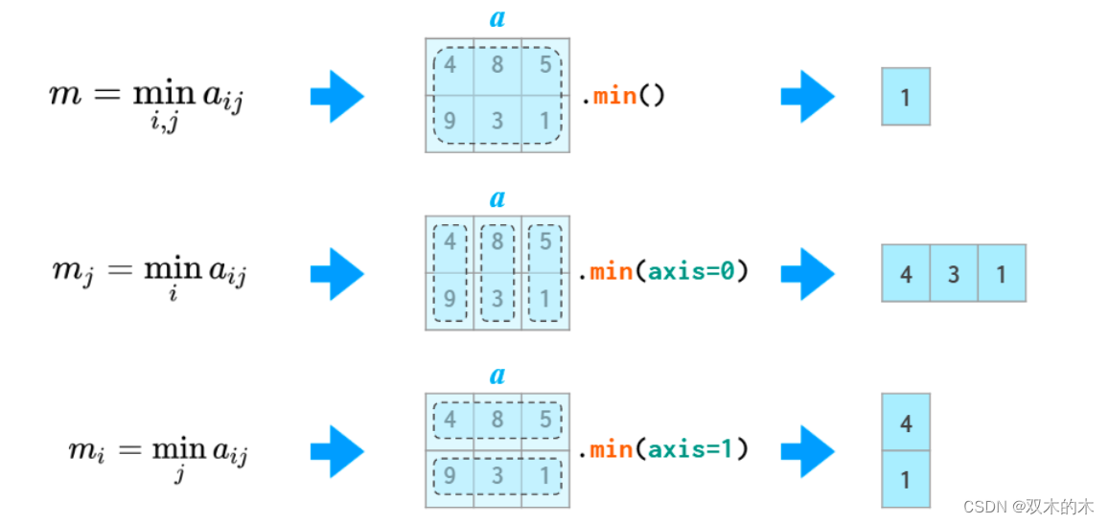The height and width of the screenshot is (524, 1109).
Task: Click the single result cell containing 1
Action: [x=905, y=96]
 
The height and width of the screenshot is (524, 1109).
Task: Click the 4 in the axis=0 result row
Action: [x=906, y=274]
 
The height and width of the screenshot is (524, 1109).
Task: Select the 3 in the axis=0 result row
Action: [x=954, y=274]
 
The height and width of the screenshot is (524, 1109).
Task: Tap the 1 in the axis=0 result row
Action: [x=1002, y=274]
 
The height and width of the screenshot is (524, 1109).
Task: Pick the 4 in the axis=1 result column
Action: [x=906, y=422]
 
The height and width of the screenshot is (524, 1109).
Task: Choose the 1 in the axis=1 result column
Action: [x=906, y=478]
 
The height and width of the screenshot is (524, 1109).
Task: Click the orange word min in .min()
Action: [x=614, y=96]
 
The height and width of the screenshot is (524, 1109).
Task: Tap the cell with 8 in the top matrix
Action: [x=497, y=67]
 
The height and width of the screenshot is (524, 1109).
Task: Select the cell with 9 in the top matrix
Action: [x=450, y=123]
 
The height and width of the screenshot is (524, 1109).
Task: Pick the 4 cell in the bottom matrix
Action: [x=450, y=420]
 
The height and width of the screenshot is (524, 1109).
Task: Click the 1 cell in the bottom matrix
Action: [x=545, y=476]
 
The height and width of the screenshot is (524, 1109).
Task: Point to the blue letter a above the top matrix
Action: [x=497, y=18]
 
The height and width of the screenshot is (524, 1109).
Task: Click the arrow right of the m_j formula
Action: [x=336, y=273]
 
